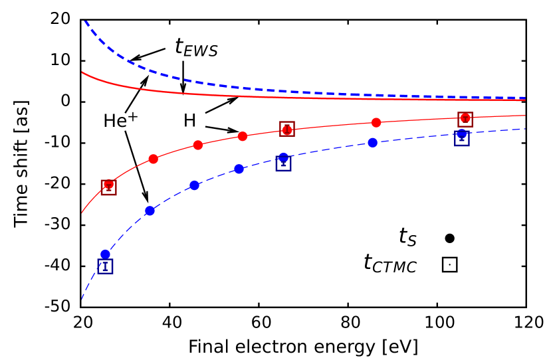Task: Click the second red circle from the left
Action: point(154,159)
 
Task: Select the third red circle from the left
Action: point(198,145)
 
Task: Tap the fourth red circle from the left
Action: point(243,136)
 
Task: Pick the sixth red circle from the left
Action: point(376,122)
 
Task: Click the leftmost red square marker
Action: point(108,187)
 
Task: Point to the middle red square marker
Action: point(287,129)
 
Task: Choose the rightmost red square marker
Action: point(465,119)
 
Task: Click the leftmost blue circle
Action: point(105,254)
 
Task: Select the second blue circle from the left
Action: point(150,211)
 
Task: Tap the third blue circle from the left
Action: point(194,185)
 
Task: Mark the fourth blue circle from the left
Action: point(239,169)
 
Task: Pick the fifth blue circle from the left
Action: point(284,157)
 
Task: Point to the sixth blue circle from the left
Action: point(373,142)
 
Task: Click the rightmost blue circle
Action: point(462,134)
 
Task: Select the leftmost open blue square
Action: point(105,266)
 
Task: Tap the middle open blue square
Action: point(283,163)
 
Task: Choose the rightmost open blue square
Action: point(462,138)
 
